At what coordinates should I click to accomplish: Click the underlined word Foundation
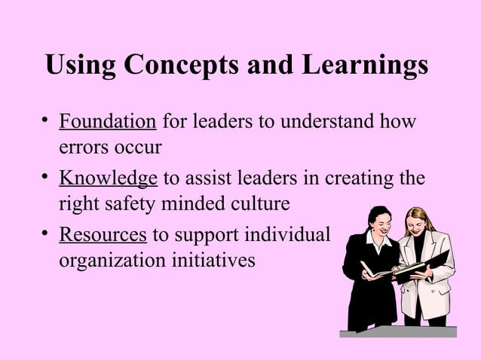pyautogui.click(x=108, y=121)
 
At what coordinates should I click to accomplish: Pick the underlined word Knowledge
pyautogui.click(x=108, y=178)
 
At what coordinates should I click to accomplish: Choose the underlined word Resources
pyautogui.click(x=103, y=235)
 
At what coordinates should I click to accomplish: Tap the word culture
pyautogui.click(x=262, y=203)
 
